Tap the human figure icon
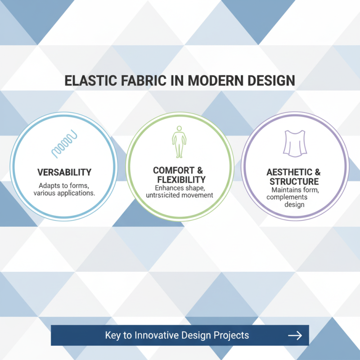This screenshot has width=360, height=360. pyautogui.click(x=180, y=140)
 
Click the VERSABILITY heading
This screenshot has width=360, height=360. pyautogui.click(x=63, y=172)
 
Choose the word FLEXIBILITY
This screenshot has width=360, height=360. pyautogui.click(x=180, y=179)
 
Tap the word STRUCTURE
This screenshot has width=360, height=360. pyautogui.click(x=294, y=182)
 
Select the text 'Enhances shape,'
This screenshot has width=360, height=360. pyautogui.click(x=180, y=187)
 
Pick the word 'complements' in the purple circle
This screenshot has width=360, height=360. pyautogui.click(x=294, y=197)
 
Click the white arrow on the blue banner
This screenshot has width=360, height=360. pyautogui.click(x=295, y=335)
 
